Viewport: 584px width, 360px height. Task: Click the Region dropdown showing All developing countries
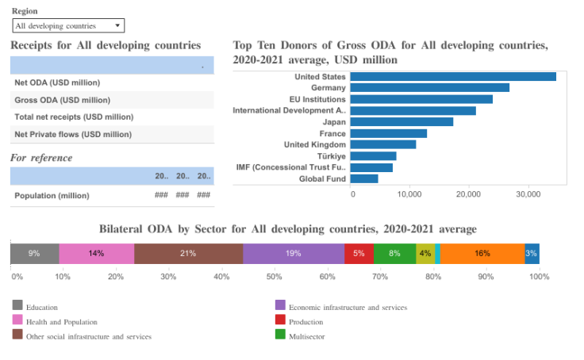pos(68,26)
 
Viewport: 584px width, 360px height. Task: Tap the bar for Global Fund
pos(364,179)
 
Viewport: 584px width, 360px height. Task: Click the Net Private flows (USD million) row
pos(73,135)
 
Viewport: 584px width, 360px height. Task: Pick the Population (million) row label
pos(52,195)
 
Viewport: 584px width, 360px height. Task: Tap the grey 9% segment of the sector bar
pos(34,254)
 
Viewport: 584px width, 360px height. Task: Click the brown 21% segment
pos(188,254)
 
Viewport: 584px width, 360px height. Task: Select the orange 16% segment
pos(482,254)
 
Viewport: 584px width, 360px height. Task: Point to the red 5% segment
pos(359,254)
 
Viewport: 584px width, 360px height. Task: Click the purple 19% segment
pos(294,254)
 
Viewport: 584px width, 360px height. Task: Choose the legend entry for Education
pos(41,307)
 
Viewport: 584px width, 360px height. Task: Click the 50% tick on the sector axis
pos(275,277)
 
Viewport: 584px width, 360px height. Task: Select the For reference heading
pos(41,158)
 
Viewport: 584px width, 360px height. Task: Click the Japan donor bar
pos(401,122)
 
